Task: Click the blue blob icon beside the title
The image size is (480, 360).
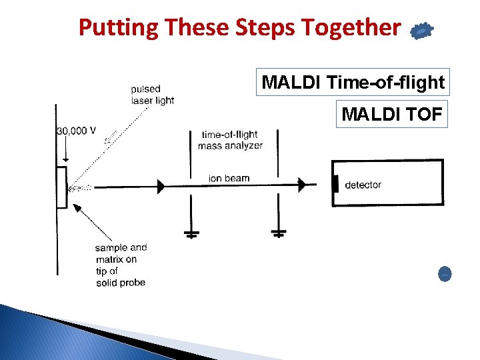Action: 421,31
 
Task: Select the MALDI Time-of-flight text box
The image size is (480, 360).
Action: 353,83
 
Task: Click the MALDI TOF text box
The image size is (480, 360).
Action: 391,115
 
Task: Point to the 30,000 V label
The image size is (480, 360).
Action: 76,131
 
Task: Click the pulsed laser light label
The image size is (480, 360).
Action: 152,95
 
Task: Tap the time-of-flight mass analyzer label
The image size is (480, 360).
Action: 230,140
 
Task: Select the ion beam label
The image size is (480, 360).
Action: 229,178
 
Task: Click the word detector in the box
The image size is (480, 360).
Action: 363,185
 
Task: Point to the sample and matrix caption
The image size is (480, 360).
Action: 121,265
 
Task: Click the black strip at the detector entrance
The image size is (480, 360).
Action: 335,183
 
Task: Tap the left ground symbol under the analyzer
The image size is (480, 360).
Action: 191,233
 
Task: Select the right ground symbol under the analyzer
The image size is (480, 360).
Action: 278,233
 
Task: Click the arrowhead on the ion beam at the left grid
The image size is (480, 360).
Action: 161,187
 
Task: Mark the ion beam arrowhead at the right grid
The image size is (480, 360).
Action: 302,184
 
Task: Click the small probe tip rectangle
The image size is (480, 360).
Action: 61,187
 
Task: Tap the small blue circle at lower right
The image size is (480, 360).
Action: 445,273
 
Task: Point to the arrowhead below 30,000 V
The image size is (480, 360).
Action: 65,159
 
